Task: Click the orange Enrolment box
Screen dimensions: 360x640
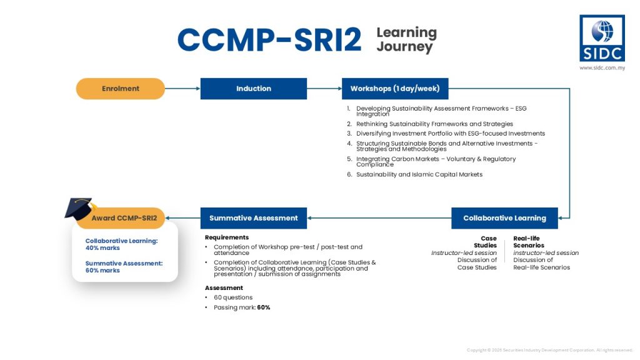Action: point(121,89)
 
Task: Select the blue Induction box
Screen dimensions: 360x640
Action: point(253,89)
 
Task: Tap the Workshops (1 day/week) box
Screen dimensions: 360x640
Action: point(394,89)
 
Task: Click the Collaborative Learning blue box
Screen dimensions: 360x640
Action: point(504,218)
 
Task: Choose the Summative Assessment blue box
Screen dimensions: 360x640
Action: point(253,218)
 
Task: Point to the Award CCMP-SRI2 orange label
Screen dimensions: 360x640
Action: point(124,218)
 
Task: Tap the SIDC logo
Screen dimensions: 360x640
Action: point(602,38)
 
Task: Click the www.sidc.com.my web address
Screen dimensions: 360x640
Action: point(602,67)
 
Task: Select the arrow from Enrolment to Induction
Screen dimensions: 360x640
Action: point(182,89)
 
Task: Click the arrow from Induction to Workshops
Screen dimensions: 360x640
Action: point(324,89)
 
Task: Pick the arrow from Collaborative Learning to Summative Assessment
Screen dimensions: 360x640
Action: point(379,218)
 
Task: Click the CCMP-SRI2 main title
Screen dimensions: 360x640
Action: point(269,40)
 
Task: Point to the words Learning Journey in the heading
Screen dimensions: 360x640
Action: point(406,39)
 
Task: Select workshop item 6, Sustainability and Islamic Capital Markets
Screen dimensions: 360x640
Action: point(419,174)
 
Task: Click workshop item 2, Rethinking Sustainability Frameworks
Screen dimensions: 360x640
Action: point(434,124)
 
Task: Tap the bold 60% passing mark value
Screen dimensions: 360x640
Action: point(263,307)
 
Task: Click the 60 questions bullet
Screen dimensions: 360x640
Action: point(233,297)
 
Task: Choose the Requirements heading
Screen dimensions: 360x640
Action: point(226,237)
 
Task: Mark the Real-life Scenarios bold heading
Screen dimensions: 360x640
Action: point(529,242)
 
